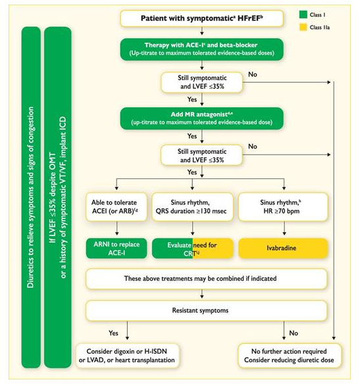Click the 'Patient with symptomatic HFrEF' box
coord(201,18)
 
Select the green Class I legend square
coord(303,14)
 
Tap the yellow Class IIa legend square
coord(303,27)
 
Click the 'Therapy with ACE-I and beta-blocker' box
coord(201,49)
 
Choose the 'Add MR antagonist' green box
coord(201,118)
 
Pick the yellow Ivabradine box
coord(283,248)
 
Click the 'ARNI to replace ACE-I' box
coord(116,248)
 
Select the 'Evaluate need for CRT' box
coord(192,248)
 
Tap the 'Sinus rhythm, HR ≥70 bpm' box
coord(283,206)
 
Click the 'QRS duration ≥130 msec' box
coord(192,206)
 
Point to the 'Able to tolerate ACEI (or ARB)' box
coord(116,206)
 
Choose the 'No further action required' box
coord(290,356)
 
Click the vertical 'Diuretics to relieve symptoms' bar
coord(31,197)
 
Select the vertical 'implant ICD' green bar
coord(58,197)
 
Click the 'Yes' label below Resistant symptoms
coord(113,333)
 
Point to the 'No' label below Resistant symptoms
coord(294,333)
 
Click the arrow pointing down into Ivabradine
coord(284,228)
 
